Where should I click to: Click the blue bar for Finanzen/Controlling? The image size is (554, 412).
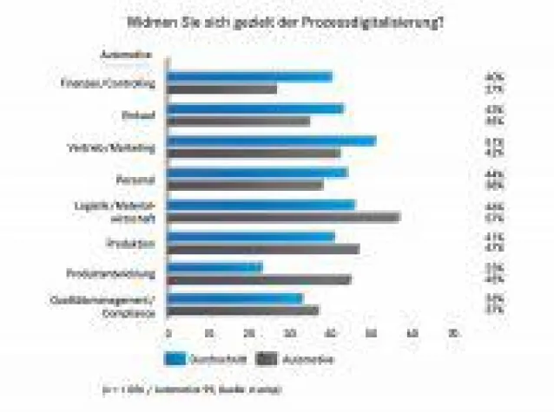[249, 77]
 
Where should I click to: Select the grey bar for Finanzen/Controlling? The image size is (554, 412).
[221, 88]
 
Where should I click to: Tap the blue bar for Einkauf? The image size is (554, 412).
[254, 109]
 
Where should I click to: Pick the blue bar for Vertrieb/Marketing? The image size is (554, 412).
[271, 141]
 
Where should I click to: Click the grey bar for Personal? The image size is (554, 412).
[244, 184]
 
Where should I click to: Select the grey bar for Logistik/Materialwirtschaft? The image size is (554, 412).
[283, 217]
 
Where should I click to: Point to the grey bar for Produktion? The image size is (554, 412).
[262, 249]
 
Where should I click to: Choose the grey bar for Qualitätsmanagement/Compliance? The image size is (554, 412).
[242, 311]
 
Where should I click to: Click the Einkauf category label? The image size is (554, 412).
[142, 115]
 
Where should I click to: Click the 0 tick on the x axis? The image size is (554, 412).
[168, 333]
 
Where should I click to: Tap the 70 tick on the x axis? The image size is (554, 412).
[452, 333]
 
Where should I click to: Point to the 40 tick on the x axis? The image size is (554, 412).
[330, 333]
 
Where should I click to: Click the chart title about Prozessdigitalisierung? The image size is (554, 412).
[286, 21]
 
